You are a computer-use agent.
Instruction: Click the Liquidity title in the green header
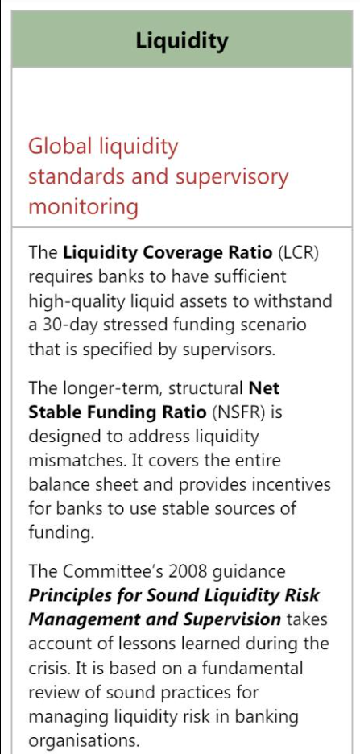(182, 41)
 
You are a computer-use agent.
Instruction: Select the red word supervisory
(232, 178)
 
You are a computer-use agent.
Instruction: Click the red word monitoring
(83, 208)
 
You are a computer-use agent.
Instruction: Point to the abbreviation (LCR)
(299, 252)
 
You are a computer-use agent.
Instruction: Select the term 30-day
(69, 325)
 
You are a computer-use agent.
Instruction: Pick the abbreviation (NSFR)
(236, 412)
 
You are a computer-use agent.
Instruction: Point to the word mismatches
(77, 460)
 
